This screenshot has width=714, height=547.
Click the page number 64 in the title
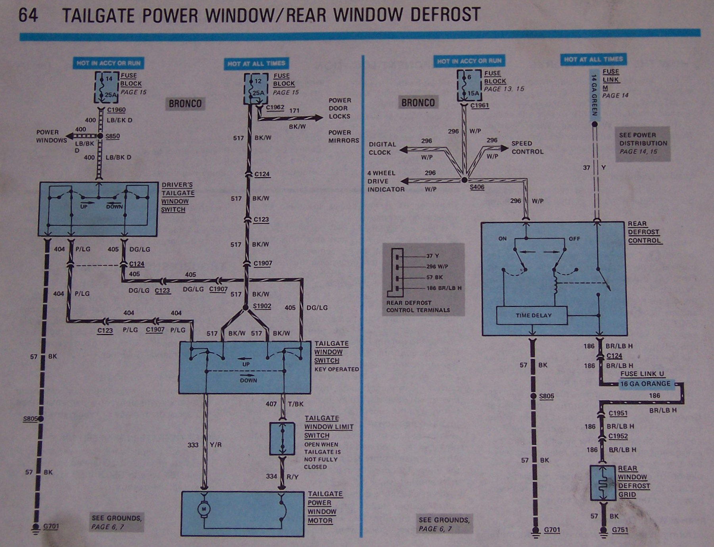[x=28, y=15]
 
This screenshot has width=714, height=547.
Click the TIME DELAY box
[x=533, y=316]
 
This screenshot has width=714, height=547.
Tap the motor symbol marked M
[x=204, y=509]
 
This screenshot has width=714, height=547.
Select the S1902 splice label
[x=262, y=306]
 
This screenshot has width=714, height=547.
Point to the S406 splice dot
[x=464, y=180]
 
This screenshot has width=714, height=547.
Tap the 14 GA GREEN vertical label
[x=594, y=95]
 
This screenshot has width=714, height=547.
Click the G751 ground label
[x=620, y=530]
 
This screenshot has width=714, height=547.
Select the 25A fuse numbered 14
[x=106, y=87]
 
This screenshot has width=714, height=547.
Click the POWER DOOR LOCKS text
[x=339, y=108]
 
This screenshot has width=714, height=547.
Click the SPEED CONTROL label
[x=527, y=147]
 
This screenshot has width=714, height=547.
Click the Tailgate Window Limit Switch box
[x=282, y=438]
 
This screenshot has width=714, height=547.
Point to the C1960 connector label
[x=116, y=110]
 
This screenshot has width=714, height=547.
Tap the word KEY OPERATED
[x=336, y=369]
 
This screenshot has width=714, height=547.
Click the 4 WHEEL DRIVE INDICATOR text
[x=386, y=181]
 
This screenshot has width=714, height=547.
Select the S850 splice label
[x=112, y=136]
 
